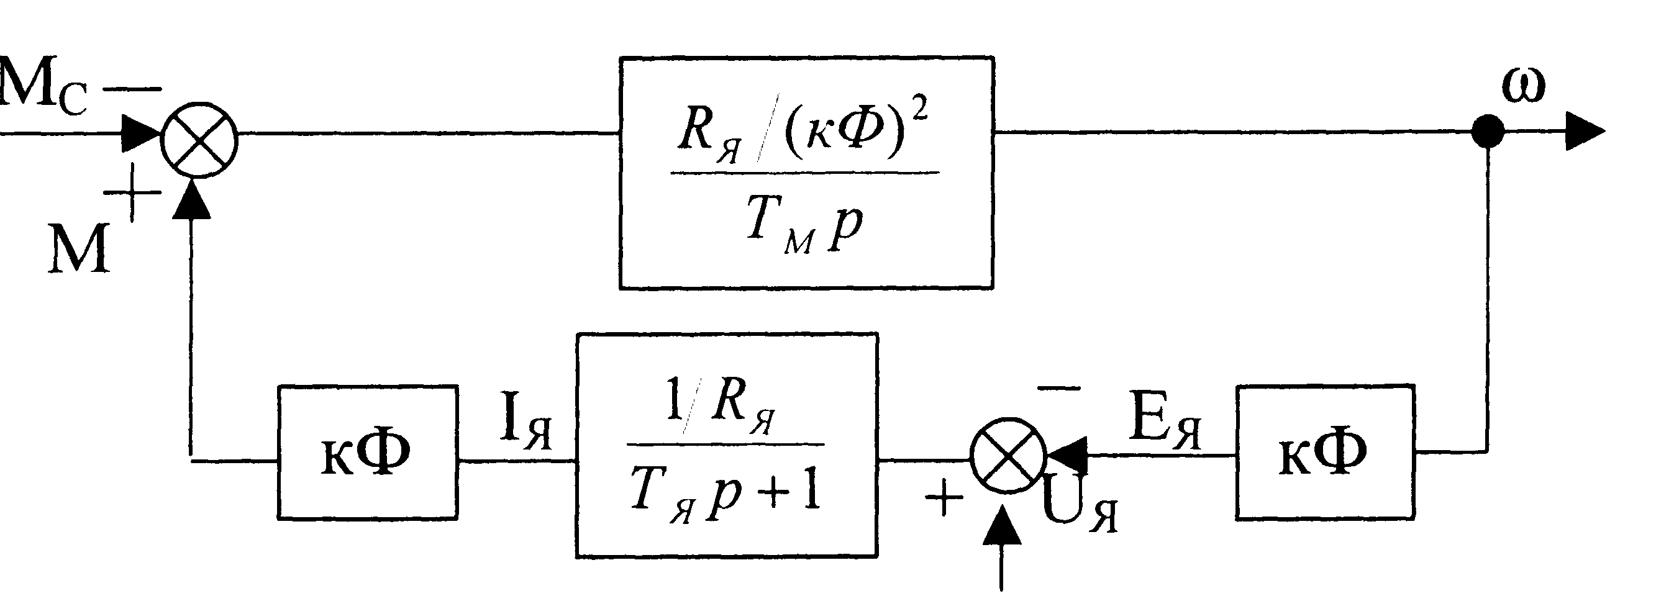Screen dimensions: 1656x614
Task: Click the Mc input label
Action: [x=43, y=86]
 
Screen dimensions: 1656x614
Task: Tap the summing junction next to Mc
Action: [x=199, y=139]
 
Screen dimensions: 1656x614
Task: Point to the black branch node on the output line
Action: [x=1488, y=132]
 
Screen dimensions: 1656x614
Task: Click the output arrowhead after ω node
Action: [x=1585, y=132]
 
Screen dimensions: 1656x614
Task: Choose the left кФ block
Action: [x=368, y=452]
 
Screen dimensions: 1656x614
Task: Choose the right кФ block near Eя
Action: [x=1325, y=452]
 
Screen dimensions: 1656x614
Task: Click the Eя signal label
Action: [x=1165, y=426]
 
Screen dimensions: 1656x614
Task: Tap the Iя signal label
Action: [x=526, y=426]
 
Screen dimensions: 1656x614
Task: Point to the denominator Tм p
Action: [x=805, y=225]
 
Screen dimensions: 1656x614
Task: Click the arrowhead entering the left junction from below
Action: [x=192, y=199]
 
